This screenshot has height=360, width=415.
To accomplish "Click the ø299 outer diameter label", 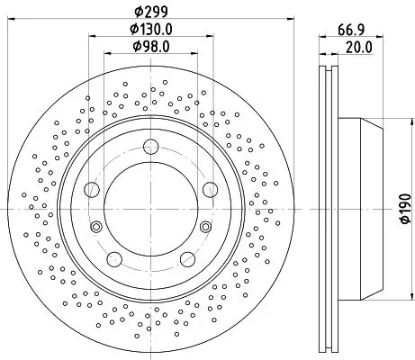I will (x=150, y=12).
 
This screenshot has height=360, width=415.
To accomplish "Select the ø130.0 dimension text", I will (x=150, y=30).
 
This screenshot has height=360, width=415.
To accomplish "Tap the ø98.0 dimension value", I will (x=150, y=46).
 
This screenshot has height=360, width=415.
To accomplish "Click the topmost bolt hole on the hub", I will (x=150, y=146).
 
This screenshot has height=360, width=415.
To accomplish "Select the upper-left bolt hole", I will (x=91, y=189).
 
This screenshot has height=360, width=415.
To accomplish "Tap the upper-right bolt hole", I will (x=210, y=189).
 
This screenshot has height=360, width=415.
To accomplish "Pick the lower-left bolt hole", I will (x=114, y=259).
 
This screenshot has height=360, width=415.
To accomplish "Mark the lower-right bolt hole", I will (x=187, y=259).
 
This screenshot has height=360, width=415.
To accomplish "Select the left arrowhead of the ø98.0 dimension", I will (x=106, y=54).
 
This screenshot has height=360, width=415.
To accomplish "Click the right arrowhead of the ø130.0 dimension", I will (x=210, y=38).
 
